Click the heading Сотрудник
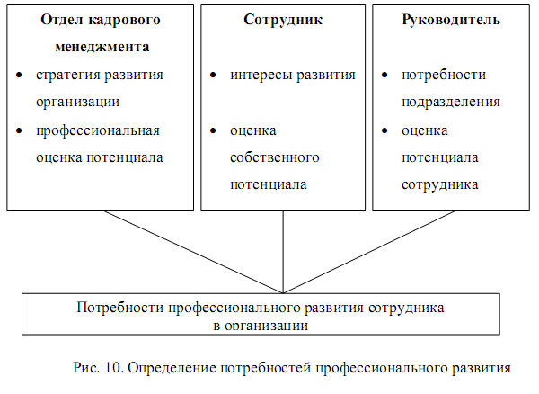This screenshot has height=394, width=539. (282, 20)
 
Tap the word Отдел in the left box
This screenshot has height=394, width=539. (61, 20)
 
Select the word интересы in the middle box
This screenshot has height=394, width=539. (257, 75)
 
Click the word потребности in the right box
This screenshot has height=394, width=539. (441, 75)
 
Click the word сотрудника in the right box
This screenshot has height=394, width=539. (439, 185)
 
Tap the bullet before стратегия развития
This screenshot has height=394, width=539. (19, 76)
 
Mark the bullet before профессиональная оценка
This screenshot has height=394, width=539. (19, 131)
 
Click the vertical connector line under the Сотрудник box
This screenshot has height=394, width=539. (283, 252)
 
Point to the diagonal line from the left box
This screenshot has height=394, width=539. (192, 252)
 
